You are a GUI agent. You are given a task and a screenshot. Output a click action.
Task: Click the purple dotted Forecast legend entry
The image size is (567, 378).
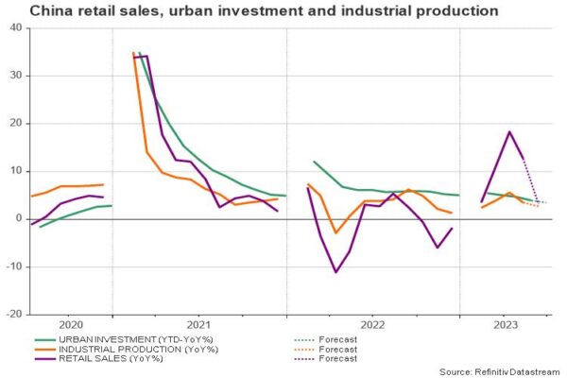click(336, 359)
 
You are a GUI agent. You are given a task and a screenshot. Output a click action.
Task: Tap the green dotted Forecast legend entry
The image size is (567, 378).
click(336, 336)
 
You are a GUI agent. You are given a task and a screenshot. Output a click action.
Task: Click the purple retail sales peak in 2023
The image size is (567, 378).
click(509, 131)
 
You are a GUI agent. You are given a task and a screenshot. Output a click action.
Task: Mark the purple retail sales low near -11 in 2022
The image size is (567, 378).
click(335, 272)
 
